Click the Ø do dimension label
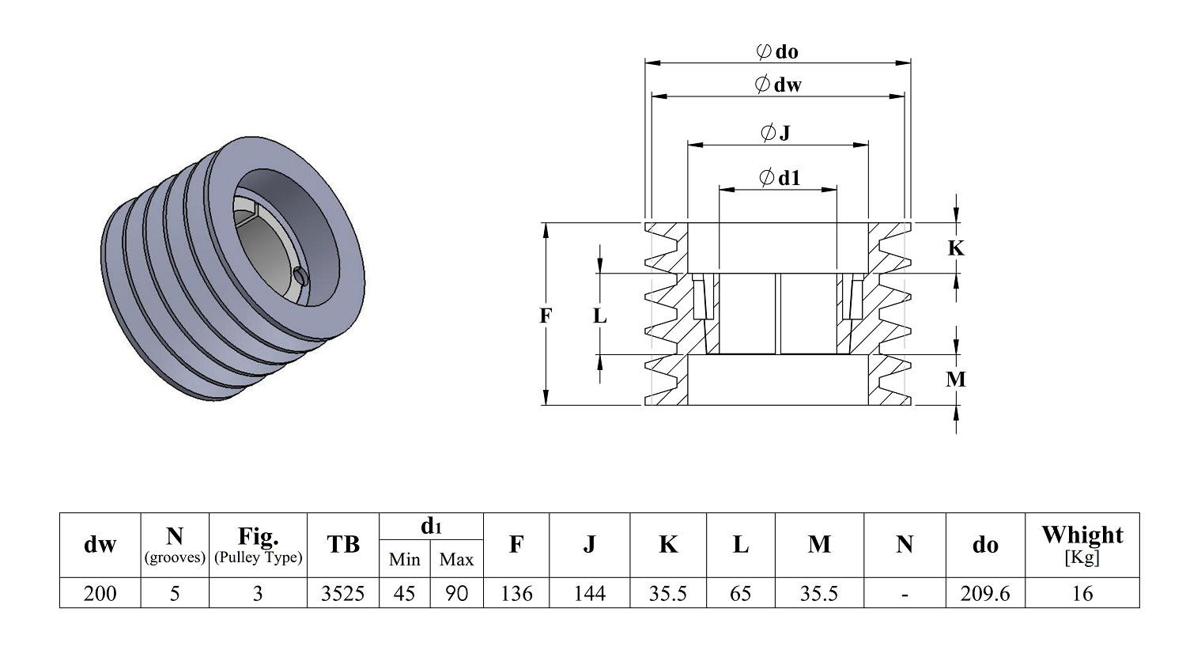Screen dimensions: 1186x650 [776, 52]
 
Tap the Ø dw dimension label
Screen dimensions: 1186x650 [778, 85]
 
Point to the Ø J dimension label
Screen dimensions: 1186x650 [776, 133]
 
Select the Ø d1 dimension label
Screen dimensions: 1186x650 [780, 178]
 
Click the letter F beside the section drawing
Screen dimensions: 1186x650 [546, 316]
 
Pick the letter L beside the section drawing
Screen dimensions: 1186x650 [599, 316]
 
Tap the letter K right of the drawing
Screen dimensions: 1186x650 [956, 248]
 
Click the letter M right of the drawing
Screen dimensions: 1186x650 [956, 380]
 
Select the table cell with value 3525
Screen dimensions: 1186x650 [343, 593]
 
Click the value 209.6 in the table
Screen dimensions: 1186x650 [985, 593]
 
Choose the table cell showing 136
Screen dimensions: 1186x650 [516, 593]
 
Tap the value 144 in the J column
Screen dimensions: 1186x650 [589, 593]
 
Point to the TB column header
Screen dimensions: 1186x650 [343, 545]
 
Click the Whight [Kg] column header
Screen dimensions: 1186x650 [1082, 545]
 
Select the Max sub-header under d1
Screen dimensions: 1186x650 [456, 559]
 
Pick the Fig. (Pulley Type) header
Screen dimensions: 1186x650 [258, 545]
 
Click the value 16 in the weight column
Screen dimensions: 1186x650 [1082, 593]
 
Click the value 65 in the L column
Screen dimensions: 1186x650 [740, 593]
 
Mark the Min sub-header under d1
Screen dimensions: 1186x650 [405, 559]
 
